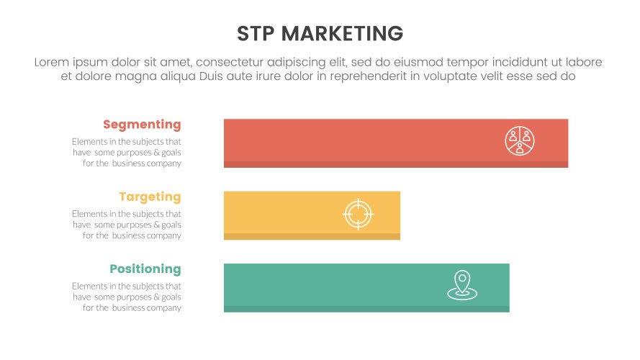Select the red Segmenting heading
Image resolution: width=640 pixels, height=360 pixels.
point(142,125)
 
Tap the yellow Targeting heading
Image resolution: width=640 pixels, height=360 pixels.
point(150,197)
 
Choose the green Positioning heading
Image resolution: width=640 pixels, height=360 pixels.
point(145,269)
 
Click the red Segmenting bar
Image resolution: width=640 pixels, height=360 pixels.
point(360,143)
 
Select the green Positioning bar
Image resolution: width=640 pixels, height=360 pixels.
point(331,287)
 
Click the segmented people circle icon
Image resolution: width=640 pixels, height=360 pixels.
point(519,140)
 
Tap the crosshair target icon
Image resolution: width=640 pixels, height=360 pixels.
point(358,214)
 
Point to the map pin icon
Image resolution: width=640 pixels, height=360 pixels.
point(461,285)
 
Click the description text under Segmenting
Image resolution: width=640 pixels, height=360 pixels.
point(127,153)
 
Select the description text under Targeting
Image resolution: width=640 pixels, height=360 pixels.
point(127,225)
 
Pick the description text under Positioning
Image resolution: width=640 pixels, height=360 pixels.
point(127,297)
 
